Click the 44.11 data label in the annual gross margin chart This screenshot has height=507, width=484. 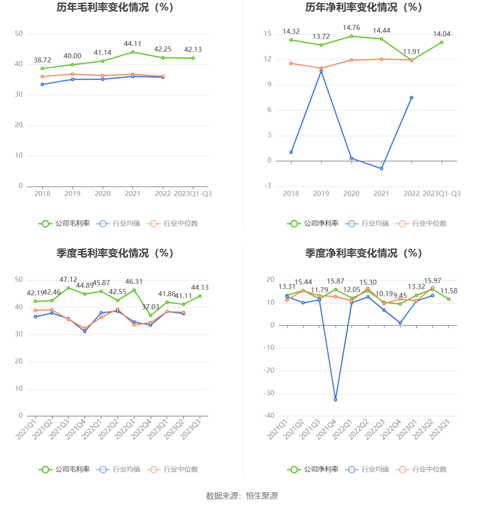[132, 44]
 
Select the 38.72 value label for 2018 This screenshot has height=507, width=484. [42, 60]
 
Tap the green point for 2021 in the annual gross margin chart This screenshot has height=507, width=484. [133, 52]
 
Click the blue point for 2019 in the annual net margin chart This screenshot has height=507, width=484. [321, 71]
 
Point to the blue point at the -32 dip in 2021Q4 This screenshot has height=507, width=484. [336, 399]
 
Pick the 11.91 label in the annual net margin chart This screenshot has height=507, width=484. [411, 52]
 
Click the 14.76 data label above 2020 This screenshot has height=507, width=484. [351, 28]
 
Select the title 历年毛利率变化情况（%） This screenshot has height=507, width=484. [116, 7]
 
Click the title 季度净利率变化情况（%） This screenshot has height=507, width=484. [364, 253]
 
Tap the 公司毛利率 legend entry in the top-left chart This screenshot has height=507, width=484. [65, 224]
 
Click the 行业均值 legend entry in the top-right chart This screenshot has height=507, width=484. [367, 224]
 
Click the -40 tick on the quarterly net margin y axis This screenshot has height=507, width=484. [269, 416]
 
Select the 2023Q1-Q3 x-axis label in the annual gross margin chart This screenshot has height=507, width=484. [193, 194]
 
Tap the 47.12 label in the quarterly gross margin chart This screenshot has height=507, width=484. [68, 280]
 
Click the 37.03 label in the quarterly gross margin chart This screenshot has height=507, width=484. [151, 307]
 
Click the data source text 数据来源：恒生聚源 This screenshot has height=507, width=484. [242, 496]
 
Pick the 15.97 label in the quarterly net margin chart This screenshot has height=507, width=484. [433, 281]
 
